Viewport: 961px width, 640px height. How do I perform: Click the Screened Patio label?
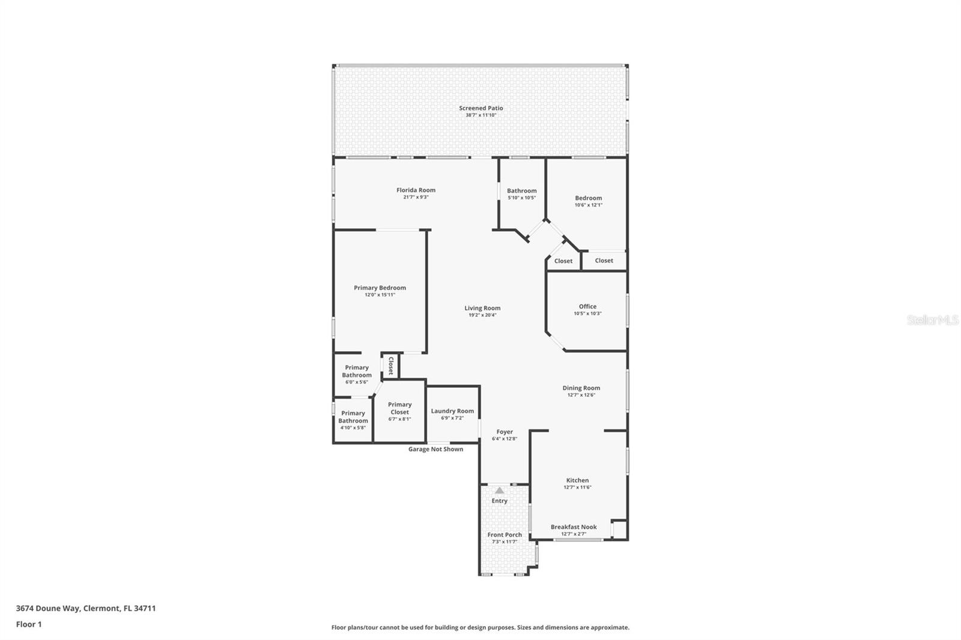pos(480,108)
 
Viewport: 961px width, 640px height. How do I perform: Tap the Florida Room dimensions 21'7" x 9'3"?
pos(416,197)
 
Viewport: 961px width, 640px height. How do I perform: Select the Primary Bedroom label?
pos(380,288)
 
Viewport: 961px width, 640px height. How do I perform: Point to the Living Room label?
pos(482,308)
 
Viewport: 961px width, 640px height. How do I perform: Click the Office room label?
pos(587,306)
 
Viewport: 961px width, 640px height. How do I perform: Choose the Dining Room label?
pos(581,388)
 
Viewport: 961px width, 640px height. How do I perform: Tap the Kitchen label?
pos(577,480)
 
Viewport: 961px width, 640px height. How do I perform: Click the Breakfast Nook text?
pos(574,527)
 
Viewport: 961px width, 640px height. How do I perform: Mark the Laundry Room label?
pos(452,411)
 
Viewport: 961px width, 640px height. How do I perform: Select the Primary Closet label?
pos(399,408)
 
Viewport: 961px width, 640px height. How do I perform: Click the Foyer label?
pos(505,432)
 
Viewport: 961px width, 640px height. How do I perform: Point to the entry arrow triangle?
pos(500,491)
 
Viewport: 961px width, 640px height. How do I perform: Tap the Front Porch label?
pos(505,535)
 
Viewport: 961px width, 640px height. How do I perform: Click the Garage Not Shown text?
pos(435,449)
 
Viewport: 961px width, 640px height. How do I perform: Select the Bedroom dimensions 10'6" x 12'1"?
pos(588,205)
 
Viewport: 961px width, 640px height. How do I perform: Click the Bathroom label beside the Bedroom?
pos(521,191)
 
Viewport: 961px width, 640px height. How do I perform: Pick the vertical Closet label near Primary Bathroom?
pos(390,366)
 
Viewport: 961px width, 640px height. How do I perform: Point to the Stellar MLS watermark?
pos(932,320)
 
